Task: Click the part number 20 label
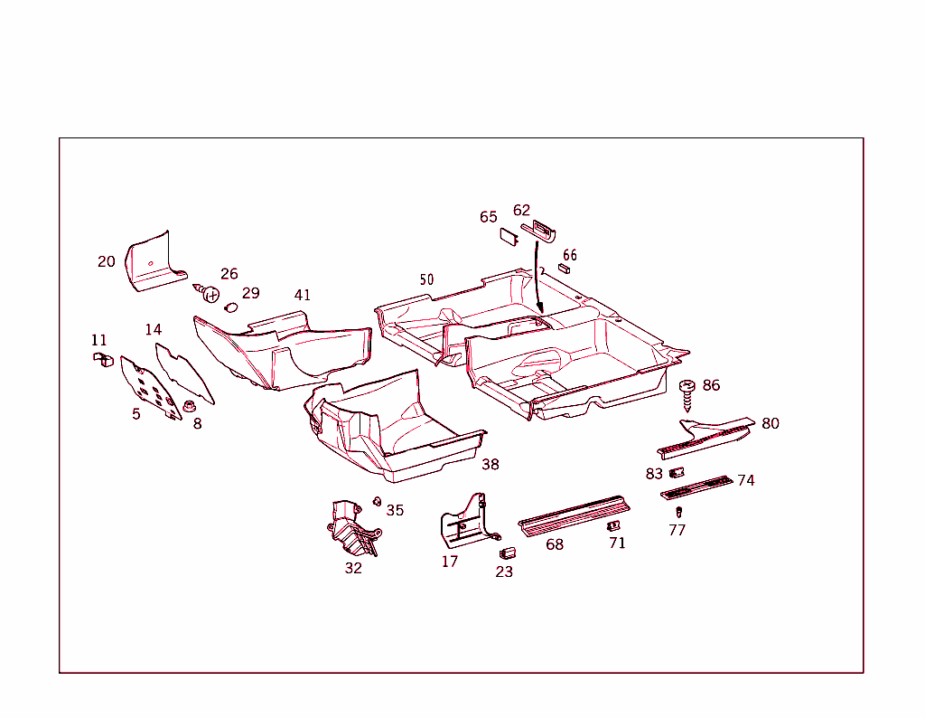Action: click(x=107, y=261)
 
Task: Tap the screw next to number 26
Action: click(x=207, y=292)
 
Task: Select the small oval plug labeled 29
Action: click(x=230, y=307)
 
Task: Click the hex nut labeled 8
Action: click(x=190, y=406)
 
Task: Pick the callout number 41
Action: click(x=302, y=295)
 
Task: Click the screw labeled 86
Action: click(x=687, y=395)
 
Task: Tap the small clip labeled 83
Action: click(x=677, y=472)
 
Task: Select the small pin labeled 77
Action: click(x=678, y=512)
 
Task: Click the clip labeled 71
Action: click(x=613, y=525)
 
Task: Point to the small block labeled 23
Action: click(x=508, y=553)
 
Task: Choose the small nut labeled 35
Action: click(x=377, y=502)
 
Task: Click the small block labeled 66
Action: click(x=564, y=269)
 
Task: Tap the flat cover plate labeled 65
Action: click(x=509, y=236)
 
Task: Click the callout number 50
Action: click(x=426, y=279)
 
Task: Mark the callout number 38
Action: click(x=491, y=465)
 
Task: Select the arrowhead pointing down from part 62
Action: click(x=539, y=307)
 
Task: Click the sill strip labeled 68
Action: click(x=574, y=515)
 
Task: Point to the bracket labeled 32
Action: click(x=352, y=528)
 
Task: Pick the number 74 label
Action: click(x=745, y=481)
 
